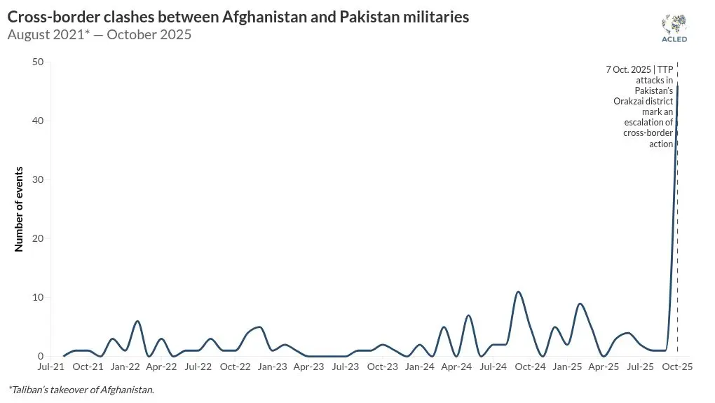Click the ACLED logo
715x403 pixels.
click(674, 28)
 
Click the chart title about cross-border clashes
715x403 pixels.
click(238, 17)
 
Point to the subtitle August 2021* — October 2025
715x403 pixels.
click(100, 34)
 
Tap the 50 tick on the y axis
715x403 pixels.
click(38, 62)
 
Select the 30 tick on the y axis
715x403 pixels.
click(38, 179)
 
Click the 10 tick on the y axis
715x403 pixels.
click(38, 297)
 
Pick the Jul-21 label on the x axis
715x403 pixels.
click(52, 367)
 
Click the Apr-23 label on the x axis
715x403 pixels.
click(309, 367)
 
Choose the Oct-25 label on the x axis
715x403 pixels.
click(677, 367)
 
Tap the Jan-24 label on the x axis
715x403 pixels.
click(420, 367)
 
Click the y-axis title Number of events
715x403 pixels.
click(19, 209)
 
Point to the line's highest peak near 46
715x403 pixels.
click(677, 86)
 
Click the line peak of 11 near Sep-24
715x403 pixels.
click(518, 292)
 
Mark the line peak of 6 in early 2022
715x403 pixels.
click(137, 321)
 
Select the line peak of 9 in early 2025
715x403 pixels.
click(580, 303)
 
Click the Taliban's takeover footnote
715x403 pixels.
click(81, 390)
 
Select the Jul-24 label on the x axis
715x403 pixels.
click(493, 367)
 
